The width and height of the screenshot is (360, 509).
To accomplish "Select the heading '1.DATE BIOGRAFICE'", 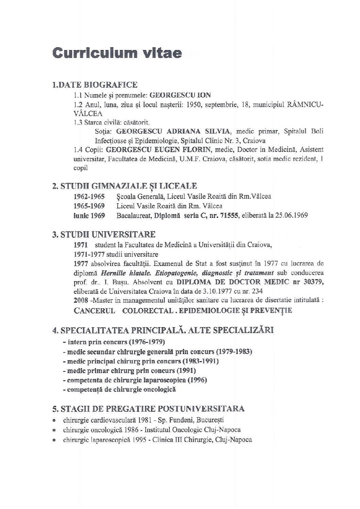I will click(x=94, y=85).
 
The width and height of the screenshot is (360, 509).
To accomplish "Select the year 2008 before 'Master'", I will click(x=80, y=301).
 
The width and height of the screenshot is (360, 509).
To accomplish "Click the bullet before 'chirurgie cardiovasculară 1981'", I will click(x=54, y=420).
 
